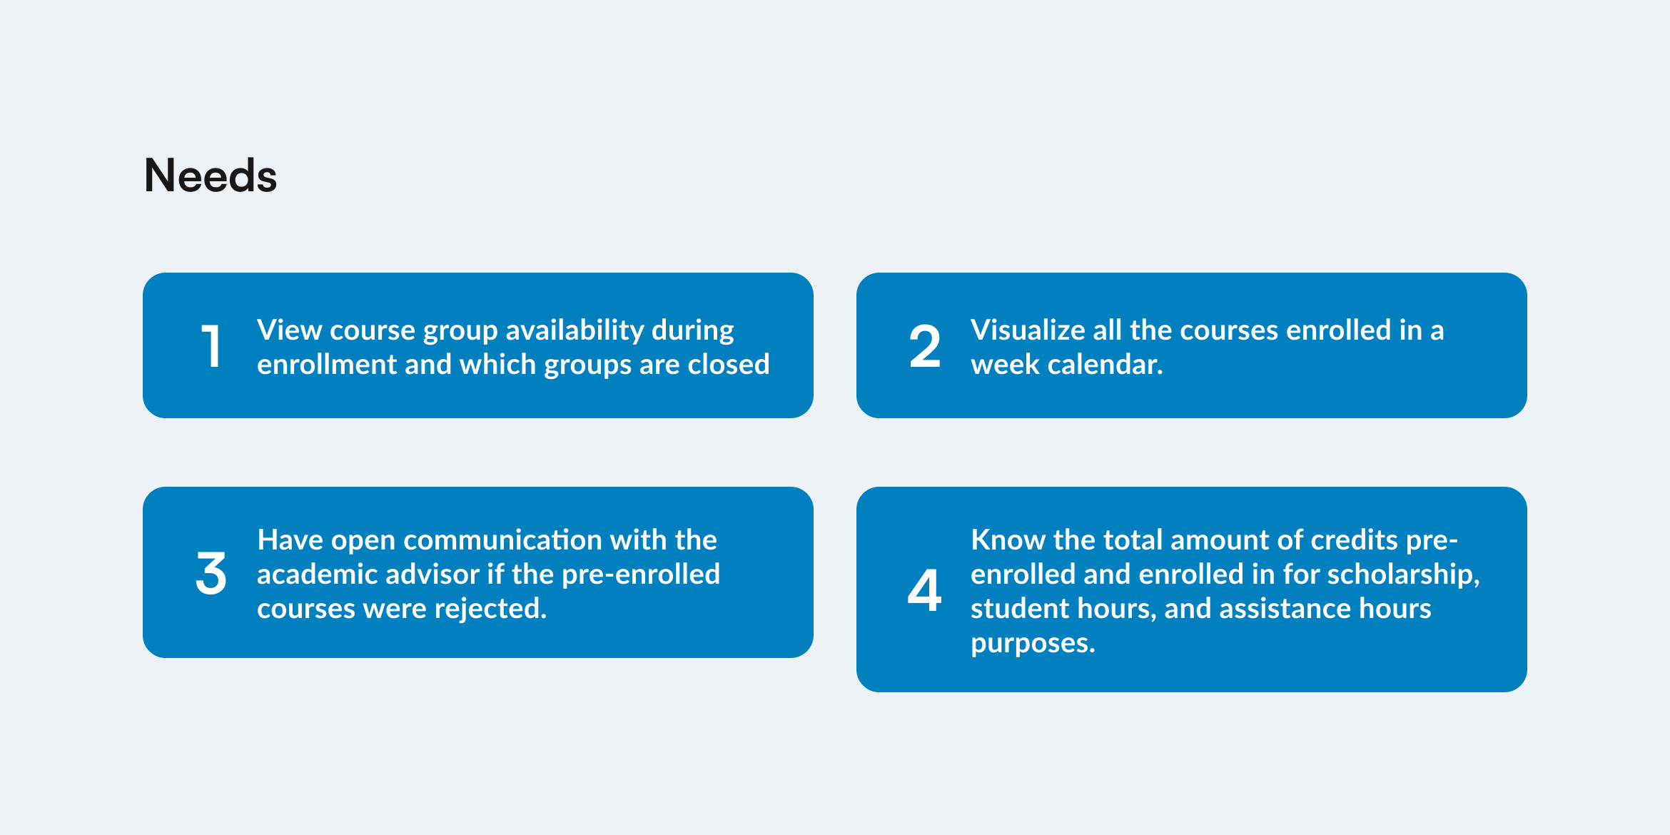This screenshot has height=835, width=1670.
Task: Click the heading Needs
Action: [211, 176]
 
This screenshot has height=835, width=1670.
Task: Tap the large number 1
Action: [211, 346]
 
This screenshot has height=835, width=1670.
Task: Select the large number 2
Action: [925, 346]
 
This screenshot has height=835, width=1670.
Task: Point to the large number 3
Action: [211, 573]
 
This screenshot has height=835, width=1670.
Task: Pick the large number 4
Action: [924, 590]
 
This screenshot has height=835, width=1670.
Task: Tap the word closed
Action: [729, 364]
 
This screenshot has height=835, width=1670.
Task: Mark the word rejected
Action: [490, 608]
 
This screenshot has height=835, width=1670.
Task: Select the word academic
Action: [318, 574]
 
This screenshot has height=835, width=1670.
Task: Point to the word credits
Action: [1347, 540]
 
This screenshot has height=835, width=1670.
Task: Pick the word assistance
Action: [1285, 608]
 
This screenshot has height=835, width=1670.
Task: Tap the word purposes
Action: [1033, 644]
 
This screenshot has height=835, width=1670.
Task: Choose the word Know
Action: [1008, 540]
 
